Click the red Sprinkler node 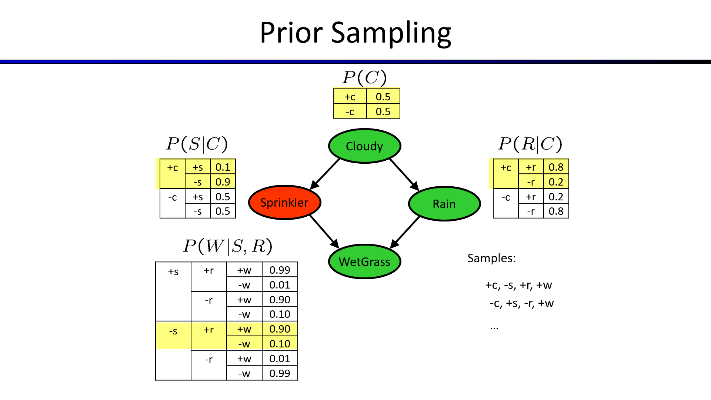284,203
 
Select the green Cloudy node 364,146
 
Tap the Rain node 444,204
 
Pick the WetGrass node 364,261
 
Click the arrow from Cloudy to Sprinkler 325,174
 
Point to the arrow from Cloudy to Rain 404,174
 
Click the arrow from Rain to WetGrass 405,232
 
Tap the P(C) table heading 364,77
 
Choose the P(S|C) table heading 197,144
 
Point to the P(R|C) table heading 530,144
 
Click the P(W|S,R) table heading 227,246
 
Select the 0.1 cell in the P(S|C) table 223,167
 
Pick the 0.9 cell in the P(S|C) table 223,182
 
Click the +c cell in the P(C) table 350,97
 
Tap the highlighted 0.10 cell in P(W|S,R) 280,344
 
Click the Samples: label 491,258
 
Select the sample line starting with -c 521,303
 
